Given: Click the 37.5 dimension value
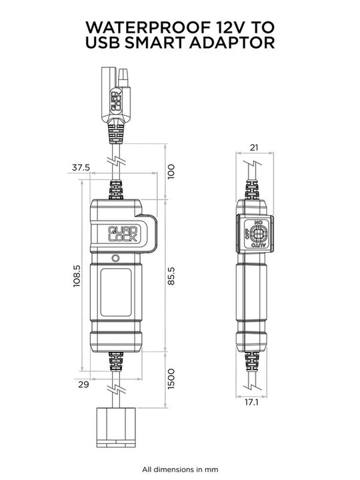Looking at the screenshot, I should [81, 168].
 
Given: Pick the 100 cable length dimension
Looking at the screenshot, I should [171, 171].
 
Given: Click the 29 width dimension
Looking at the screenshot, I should [83, 384].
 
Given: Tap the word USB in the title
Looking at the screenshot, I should [107, 43].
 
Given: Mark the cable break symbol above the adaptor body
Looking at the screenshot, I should [116, 162].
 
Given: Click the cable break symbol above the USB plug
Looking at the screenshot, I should [116, 387].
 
